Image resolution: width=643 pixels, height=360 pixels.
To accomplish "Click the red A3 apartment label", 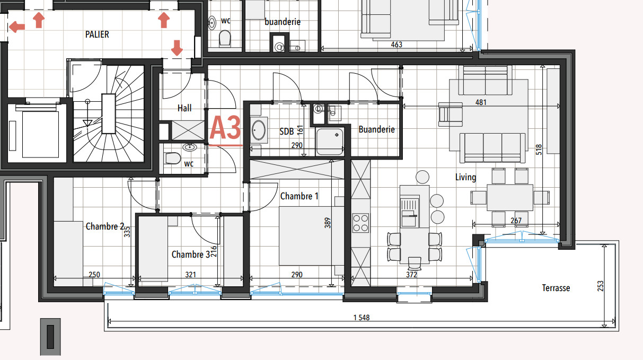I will [225, 128].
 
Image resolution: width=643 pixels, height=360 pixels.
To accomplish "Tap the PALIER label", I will [97, 34].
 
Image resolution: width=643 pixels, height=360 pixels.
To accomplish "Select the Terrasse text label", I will [556, 288].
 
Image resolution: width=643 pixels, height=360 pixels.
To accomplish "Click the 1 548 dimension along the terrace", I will [362, 318].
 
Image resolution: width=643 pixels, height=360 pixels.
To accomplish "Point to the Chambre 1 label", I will [299, 196].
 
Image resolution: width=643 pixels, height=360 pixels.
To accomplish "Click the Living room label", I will [465, 177].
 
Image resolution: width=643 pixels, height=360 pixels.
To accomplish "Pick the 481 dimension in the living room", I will [481, 102].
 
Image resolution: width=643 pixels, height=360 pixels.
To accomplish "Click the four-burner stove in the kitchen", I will [361, 222].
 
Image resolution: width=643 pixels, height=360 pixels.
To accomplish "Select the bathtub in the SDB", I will [259, 131].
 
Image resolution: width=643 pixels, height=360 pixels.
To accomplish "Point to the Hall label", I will [184, 108].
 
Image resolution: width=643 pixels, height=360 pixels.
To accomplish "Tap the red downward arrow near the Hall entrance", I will [177, 48].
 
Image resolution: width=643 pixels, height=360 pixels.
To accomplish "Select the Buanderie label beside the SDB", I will [376, 129].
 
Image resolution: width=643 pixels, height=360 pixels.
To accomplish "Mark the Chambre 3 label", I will [190, 254].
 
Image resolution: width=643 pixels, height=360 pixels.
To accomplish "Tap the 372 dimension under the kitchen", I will [411, 275].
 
